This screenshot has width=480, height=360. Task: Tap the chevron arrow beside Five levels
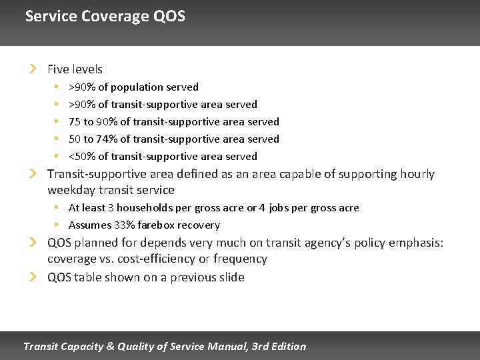33,69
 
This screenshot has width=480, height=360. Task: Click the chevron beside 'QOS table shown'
33,277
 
